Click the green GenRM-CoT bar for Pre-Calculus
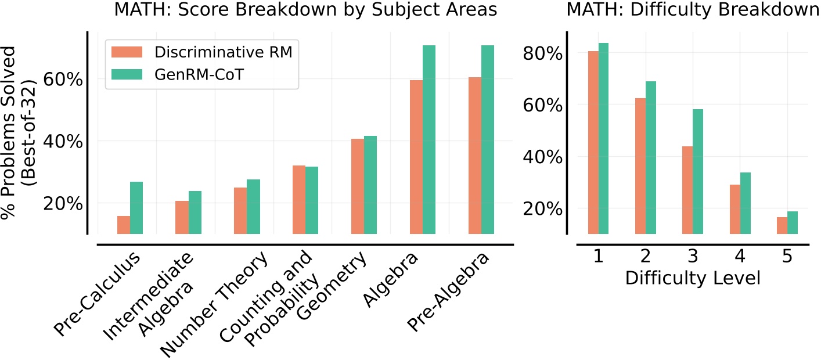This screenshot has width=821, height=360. [x=136, y=208]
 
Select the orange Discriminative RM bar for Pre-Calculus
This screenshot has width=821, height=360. [x=123, y=225]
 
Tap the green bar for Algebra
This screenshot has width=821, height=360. [x=429, y=139]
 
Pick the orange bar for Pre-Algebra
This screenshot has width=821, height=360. [x=474, y=156]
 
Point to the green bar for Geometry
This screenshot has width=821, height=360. [x=370, y=185]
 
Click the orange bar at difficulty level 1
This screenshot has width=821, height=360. [x=593, y=142]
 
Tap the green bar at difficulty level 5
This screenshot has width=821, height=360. [x=793, y=222]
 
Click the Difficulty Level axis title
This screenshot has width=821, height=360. [x=692, y=278]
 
